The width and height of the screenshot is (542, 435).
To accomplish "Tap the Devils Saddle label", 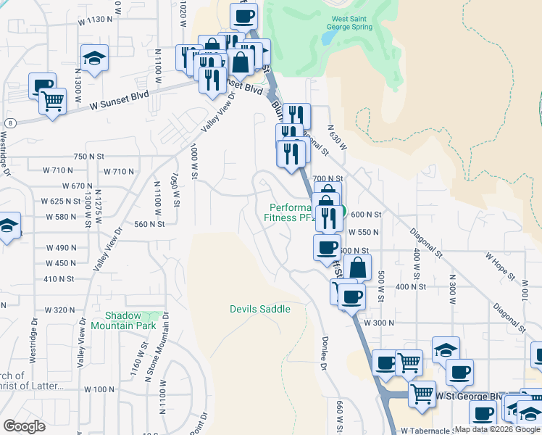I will [260, 309].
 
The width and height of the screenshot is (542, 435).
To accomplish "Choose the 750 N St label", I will [89, 156].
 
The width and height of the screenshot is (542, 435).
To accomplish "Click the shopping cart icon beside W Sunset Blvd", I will [52, 102].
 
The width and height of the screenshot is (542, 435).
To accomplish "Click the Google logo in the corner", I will [24, 426].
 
